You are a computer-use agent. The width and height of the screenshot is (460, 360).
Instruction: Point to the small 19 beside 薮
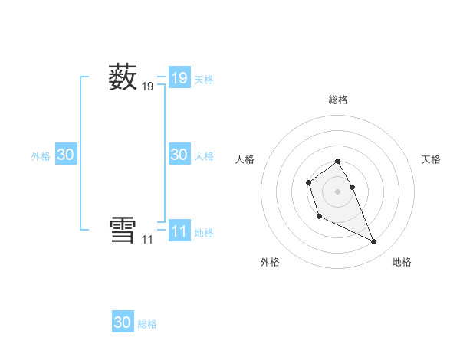point(148,87)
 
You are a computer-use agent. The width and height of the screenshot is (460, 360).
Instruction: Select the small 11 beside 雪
point(147,240)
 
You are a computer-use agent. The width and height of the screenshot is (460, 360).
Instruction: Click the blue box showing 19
point(179,78)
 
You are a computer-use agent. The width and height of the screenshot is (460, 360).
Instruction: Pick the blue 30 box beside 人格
point(179,155)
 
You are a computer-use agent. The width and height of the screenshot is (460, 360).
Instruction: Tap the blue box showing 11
point(179,231)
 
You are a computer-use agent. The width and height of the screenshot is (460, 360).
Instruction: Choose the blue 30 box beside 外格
point(66,155)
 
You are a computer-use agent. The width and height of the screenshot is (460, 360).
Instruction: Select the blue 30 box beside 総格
point(123,322)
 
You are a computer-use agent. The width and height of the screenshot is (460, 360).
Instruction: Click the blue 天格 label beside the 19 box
point(204,80)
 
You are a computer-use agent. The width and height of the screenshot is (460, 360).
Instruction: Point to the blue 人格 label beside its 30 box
point(204,156)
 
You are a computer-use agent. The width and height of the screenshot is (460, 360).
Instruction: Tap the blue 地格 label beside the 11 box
point(204,233)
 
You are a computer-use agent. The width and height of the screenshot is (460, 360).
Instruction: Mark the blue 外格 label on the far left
point(41,156)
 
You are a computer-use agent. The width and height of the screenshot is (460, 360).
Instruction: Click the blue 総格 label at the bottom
point(147,324)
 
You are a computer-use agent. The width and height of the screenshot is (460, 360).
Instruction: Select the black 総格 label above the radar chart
point(337,100)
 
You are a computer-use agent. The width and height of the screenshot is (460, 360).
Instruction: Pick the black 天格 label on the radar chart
point(432,159)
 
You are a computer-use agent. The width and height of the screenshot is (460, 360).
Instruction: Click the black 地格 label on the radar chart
point(402,262)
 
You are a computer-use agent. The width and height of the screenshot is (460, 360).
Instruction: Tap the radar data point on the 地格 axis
point(374,242)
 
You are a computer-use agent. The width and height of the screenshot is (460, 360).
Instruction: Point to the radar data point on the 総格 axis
point(337,161)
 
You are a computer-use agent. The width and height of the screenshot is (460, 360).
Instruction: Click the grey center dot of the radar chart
point(337,191)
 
